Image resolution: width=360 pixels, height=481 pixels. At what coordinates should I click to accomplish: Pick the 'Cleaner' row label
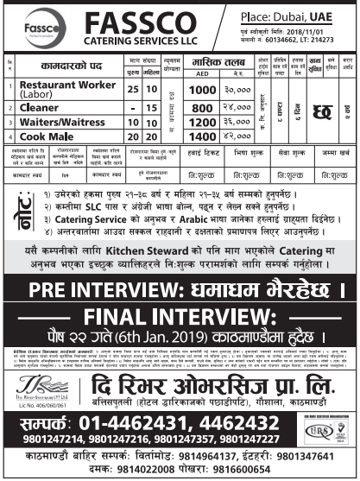point(51,122)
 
